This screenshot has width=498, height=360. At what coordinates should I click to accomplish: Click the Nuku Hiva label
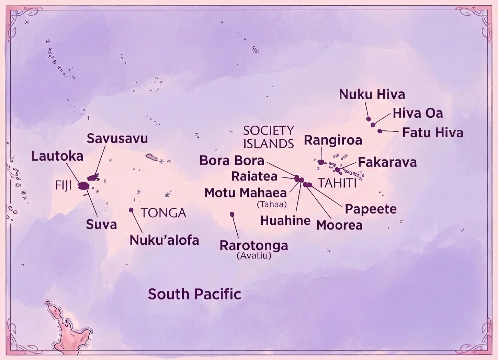(x=372, y=94)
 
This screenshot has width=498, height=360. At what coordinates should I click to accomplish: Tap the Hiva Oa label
(x=418, y=113)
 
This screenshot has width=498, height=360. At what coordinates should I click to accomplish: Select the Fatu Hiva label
(x=433, y=133)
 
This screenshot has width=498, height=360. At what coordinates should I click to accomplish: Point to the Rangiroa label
(x=333, y=140)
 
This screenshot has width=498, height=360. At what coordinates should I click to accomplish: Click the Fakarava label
(x=387, y=162)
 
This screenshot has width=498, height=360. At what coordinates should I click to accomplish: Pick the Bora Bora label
(x=232, y=161)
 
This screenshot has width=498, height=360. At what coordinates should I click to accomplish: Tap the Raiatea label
(x=254, y=176)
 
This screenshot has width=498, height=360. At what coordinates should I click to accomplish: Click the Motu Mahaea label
(x=246, y=193)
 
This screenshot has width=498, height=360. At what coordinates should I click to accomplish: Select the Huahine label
(x=285, y=221)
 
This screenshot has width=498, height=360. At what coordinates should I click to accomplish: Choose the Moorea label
(x=339, y=225)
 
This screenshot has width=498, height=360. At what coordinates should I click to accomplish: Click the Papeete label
(x=371, y=209)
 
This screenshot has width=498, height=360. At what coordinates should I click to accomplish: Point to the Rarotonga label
(x=254, y=246)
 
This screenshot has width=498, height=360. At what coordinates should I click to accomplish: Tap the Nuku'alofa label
(x=164, y=240)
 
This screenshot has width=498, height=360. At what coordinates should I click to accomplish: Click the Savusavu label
(x=117, y=139)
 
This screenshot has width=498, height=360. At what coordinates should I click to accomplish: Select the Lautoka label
(x=57, y=156)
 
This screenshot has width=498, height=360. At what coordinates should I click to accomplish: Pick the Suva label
(x=101, y=225)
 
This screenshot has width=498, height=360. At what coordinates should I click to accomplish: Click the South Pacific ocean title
(x=194, y=294)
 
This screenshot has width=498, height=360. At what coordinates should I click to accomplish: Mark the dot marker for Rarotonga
(x=232, y=214)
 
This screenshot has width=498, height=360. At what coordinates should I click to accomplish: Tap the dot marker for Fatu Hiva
(x=380, y=131)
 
